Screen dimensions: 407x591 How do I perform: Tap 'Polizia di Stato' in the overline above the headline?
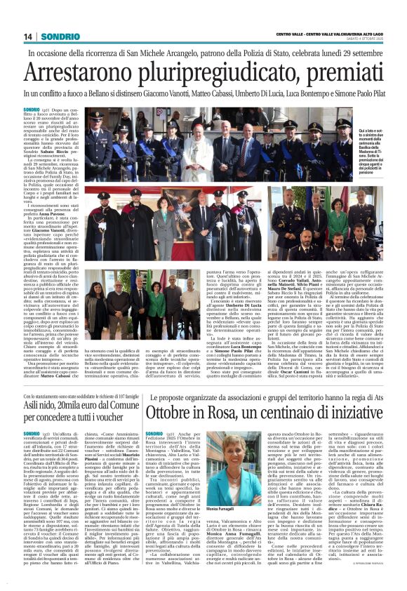(252, 53)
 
